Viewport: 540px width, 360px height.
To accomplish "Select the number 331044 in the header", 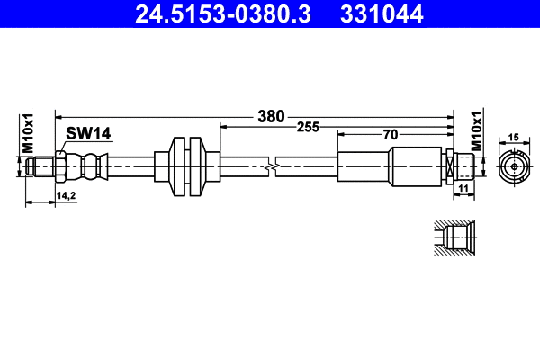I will (x=383, y=13).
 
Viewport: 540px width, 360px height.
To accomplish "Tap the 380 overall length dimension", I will (x=270, y=116).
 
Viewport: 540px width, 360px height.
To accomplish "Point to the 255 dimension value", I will (x=309, y=127).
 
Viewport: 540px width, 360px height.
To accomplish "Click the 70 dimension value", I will (x=390, y=135).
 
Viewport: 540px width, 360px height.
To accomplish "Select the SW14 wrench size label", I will (x=87, y=134).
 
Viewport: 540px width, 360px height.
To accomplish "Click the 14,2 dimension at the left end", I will (x=66, y=194).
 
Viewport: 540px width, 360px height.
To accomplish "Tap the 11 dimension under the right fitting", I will (x=463, y=188).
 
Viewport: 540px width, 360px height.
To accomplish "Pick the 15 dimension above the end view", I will (x=514, y=137).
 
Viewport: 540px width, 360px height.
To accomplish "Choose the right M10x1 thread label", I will (x=477, y=132).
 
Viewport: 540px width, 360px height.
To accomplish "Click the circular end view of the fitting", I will (x=514, y=166).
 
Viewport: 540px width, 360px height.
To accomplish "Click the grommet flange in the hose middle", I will (x=187, y=166).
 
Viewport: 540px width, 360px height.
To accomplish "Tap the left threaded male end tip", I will (x=36, y=166).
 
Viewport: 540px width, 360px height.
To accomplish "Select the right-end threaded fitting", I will (x=462, y=166).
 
